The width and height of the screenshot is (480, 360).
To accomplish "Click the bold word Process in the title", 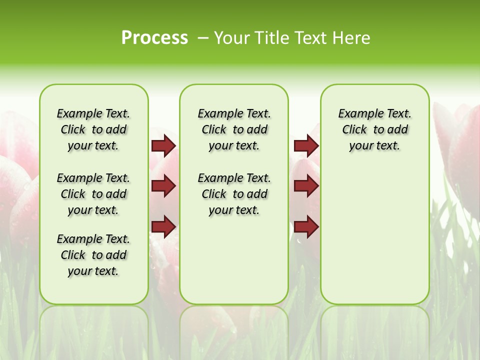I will pos(154,38).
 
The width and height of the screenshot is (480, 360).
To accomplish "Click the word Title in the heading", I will pos(270,38).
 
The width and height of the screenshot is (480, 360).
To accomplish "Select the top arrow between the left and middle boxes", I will pos(163,146).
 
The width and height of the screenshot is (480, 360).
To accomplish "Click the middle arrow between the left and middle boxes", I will pos(163,186).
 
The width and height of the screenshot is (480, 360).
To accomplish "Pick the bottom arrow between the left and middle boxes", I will pos(163,226).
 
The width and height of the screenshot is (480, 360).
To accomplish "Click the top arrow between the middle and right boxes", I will pos(306,146).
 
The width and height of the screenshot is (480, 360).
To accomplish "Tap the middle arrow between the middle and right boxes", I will pos(306,186).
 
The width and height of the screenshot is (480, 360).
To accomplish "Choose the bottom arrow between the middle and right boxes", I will pos(306,226).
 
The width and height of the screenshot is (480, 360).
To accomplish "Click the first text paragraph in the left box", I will pos(93,129).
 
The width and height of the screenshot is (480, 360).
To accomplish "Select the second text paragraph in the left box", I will pos(93,194).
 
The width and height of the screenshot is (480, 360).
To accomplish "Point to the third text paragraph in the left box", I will pos(93,255).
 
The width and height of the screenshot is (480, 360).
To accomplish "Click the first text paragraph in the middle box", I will pos(234,129).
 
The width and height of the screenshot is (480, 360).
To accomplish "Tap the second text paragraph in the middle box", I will pos(234,194).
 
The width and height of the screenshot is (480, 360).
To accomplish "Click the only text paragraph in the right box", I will pos(374,129).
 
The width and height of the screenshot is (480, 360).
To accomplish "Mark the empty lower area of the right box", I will pos(374,240).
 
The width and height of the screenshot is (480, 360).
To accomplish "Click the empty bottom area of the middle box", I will pos(234,265).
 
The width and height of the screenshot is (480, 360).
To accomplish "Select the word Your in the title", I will pos(231,38).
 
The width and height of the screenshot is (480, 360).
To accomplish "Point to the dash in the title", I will pos(203,38).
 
